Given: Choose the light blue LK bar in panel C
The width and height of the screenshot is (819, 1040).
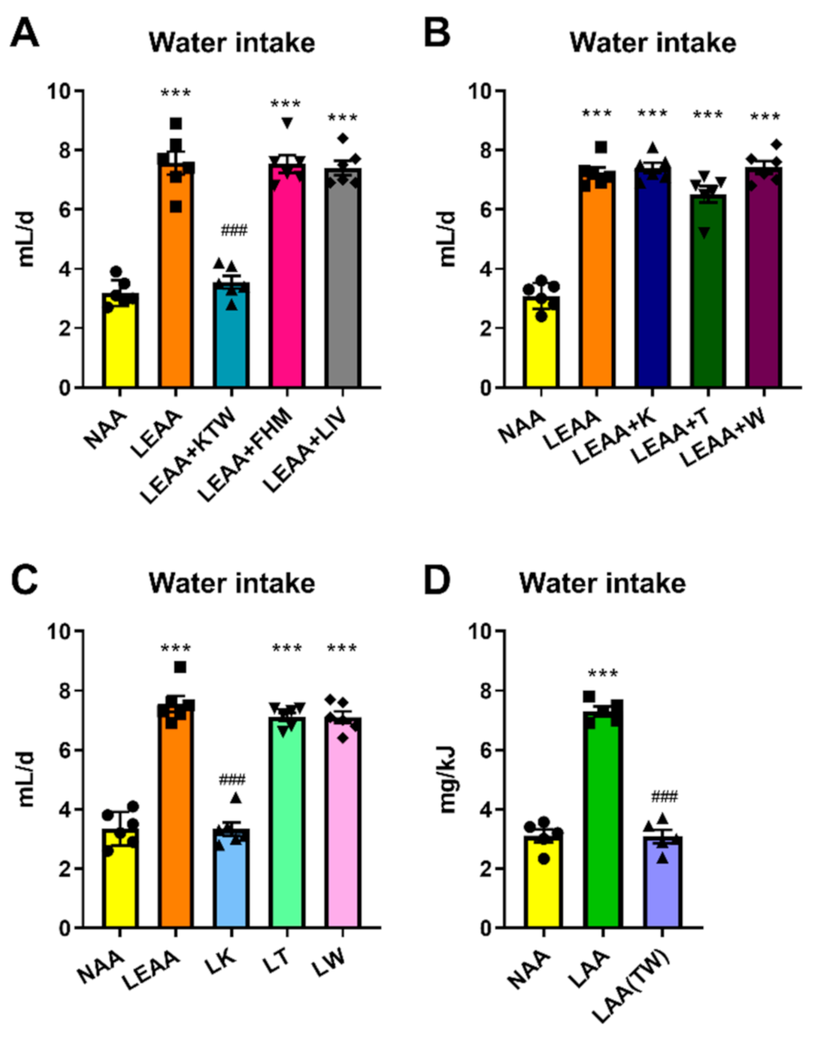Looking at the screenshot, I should pos(232,879).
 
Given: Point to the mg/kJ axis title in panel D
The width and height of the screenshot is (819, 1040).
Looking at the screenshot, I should pos(448,780).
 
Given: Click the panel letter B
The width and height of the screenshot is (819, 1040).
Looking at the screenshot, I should pos(437,33).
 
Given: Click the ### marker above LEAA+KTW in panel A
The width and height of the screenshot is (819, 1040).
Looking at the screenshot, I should pos(234,230).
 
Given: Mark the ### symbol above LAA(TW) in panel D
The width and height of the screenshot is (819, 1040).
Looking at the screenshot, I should pos(664,797).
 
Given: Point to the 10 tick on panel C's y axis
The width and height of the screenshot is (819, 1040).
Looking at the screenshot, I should pos(59,631).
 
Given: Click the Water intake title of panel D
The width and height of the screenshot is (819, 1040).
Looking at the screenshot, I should pos(602,583).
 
